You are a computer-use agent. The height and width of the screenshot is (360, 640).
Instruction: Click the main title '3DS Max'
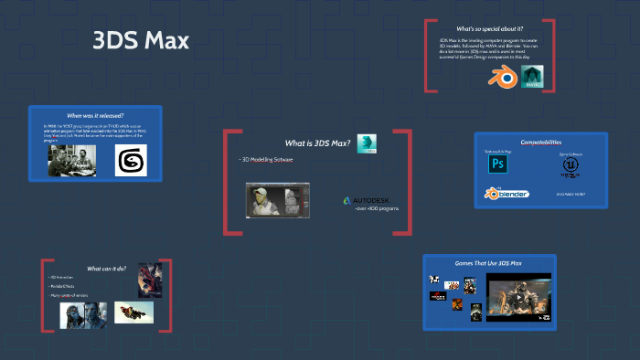(141, 42)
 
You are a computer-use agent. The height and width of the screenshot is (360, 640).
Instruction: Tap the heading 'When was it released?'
(95, 117)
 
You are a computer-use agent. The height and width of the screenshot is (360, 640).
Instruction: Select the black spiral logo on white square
(131, 161)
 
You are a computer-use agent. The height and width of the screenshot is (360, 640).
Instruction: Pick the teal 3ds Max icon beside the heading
(367, 143)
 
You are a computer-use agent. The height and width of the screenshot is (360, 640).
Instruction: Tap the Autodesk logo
(365, 200)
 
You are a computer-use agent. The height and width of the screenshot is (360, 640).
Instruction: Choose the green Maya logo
(532, 77)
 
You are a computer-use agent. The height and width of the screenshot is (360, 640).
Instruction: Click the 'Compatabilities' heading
(540, 143)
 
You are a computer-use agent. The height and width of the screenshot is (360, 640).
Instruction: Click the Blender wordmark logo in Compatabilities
(507, 194)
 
